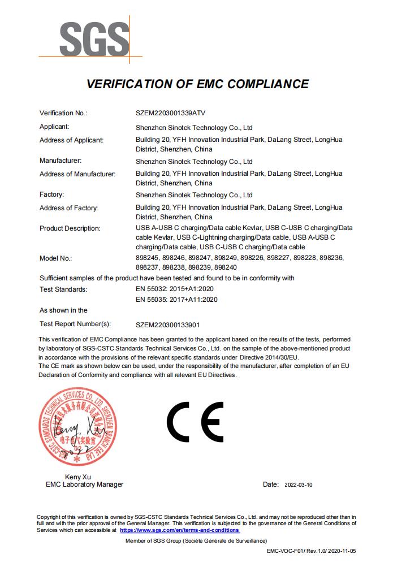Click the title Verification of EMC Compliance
197,84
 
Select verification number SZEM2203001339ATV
175,112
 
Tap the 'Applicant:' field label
54,127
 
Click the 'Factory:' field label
51,194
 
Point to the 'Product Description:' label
70,228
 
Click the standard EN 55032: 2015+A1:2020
176,289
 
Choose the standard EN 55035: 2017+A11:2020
176,300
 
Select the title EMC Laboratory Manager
84,484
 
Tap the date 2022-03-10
298,485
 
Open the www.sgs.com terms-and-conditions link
180,530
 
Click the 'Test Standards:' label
63,289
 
